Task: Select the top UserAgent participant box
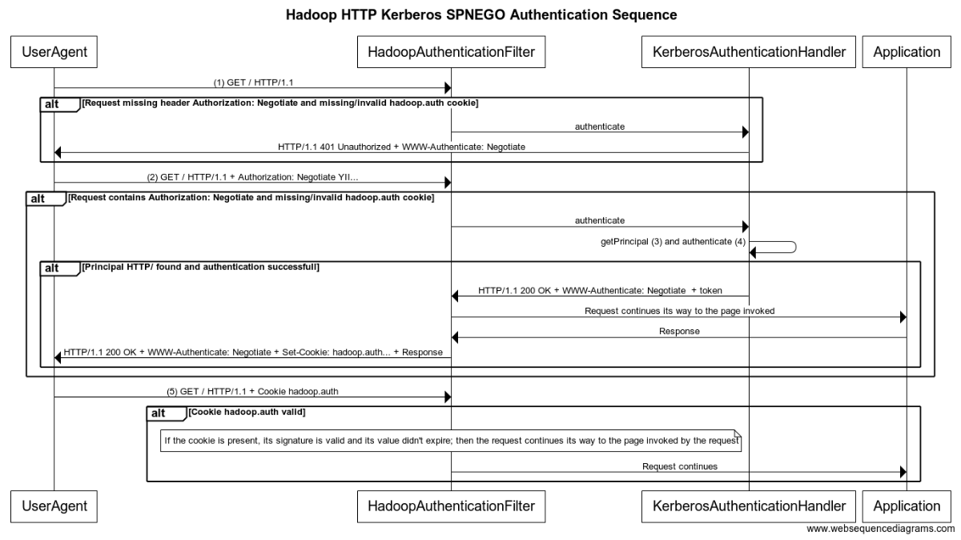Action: [54, 53]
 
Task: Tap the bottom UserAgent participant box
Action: [54, 506]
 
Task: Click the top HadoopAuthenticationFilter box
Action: [451, 53]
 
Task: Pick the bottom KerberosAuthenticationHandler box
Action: [749, 506]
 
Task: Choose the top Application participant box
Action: [907, 53]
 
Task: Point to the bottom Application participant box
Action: [907, 506]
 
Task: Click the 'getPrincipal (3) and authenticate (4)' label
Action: [674, 241]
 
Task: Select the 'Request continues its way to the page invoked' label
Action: [679, 311]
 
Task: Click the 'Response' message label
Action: [679, 330]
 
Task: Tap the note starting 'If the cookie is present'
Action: [451, 440]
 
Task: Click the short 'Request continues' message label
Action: [679, 465]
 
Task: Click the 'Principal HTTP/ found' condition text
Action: [200, 267]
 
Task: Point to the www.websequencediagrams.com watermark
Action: [880, 529]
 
